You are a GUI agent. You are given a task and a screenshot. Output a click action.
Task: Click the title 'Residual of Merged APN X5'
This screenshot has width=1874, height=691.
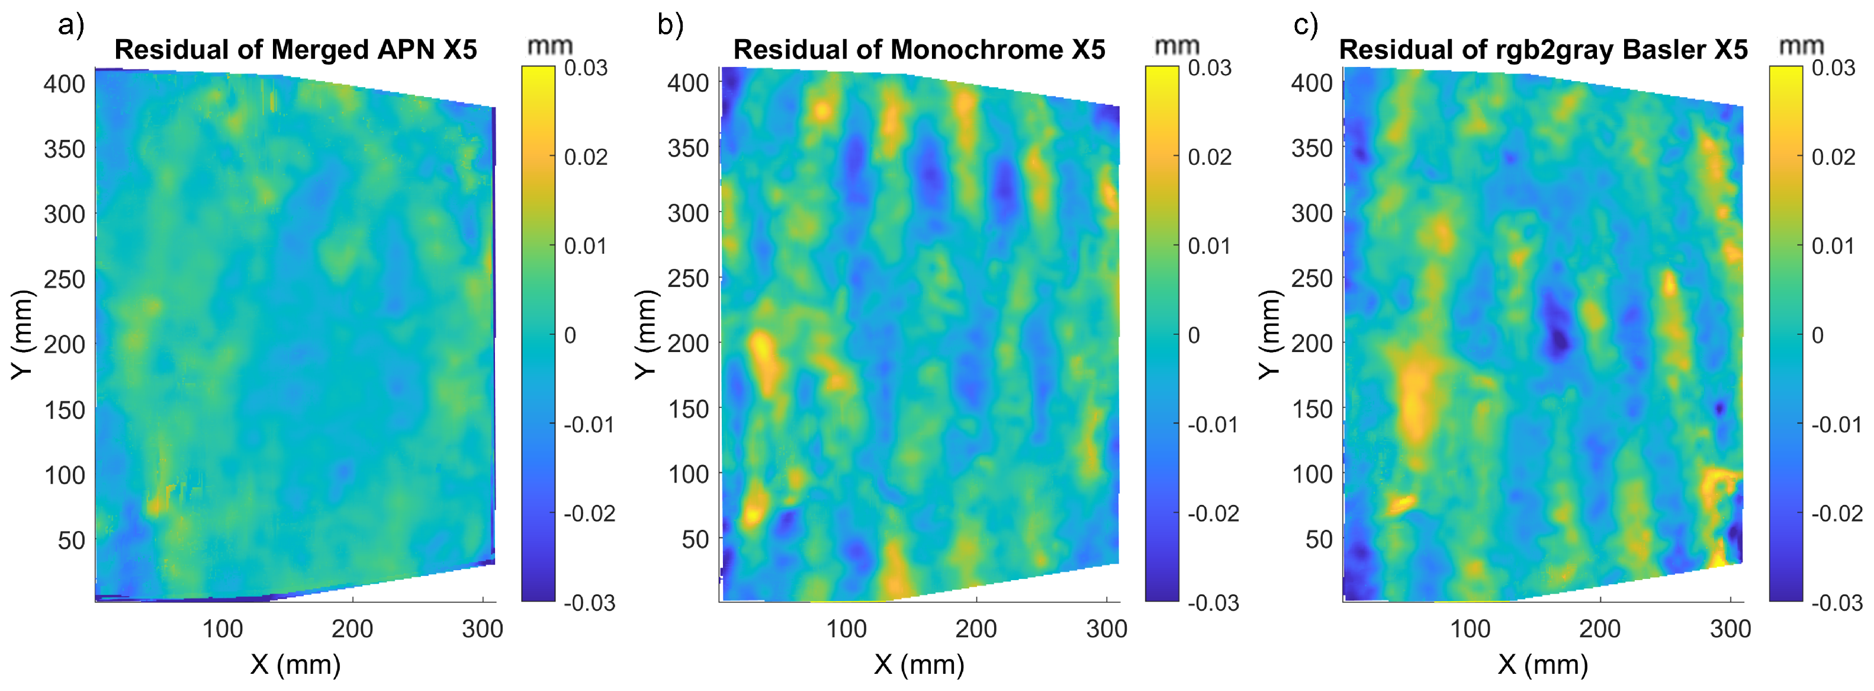coord(295,50)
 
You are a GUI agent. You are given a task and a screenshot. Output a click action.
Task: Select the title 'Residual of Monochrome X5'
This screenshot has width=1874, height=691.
coord(919,50)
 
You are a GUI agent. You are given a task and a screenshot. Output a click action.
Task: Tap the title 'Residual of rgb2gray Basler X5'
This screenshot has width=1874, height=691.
coord(1542,50)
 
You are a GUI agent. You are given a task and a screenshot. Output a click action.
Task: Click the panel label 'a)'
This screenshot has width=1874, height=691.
coord(71,25)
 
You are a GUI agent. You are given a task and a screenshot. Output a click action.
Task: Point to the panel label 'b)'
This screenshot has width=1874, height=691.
coord(670,25)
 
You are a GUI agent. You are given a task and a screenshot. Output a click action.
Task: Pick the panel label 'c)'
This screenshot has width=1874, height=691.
coord(1305,25)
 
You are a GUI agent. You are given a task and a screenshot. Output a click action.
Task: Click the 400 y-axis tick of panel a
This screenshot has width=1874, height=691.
coord(64,84)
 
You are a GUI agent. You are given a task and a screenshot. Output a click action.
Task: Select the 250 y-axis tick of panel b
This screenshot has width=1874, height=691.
coord(687,278)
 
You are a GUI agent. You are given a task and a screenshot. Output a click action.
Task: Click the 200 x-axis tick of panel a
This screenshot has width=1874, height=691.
coord(352,628)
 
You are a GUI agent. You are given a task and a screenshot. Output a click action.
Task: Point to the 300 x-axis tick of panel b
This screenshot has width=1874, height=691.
coord(1107,628)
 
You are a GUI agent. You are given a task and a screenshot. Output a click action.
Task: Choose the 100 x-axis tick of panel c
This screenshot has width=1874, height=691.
coord(1470,628)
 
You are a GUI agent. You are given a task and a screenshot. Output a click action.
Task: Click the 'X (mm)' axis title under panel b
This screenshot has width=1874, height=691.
coord(919,664)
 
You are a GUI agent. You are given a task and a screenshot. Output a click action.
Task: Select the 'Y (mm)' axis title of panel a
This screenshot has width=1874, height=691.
coord(22,335)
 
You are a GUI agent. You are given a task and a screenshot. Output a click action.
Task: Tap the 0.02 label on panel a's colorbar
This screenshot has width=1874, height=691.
coord(586,156)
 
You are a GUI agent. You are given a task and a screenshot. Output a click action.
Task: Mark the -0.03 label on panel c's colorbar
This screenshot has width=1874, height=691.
coord(1837,603)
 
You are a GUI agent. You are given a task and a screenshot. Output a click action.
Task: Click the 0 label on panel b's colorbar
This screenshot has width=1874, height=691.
coord(1194,335)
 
